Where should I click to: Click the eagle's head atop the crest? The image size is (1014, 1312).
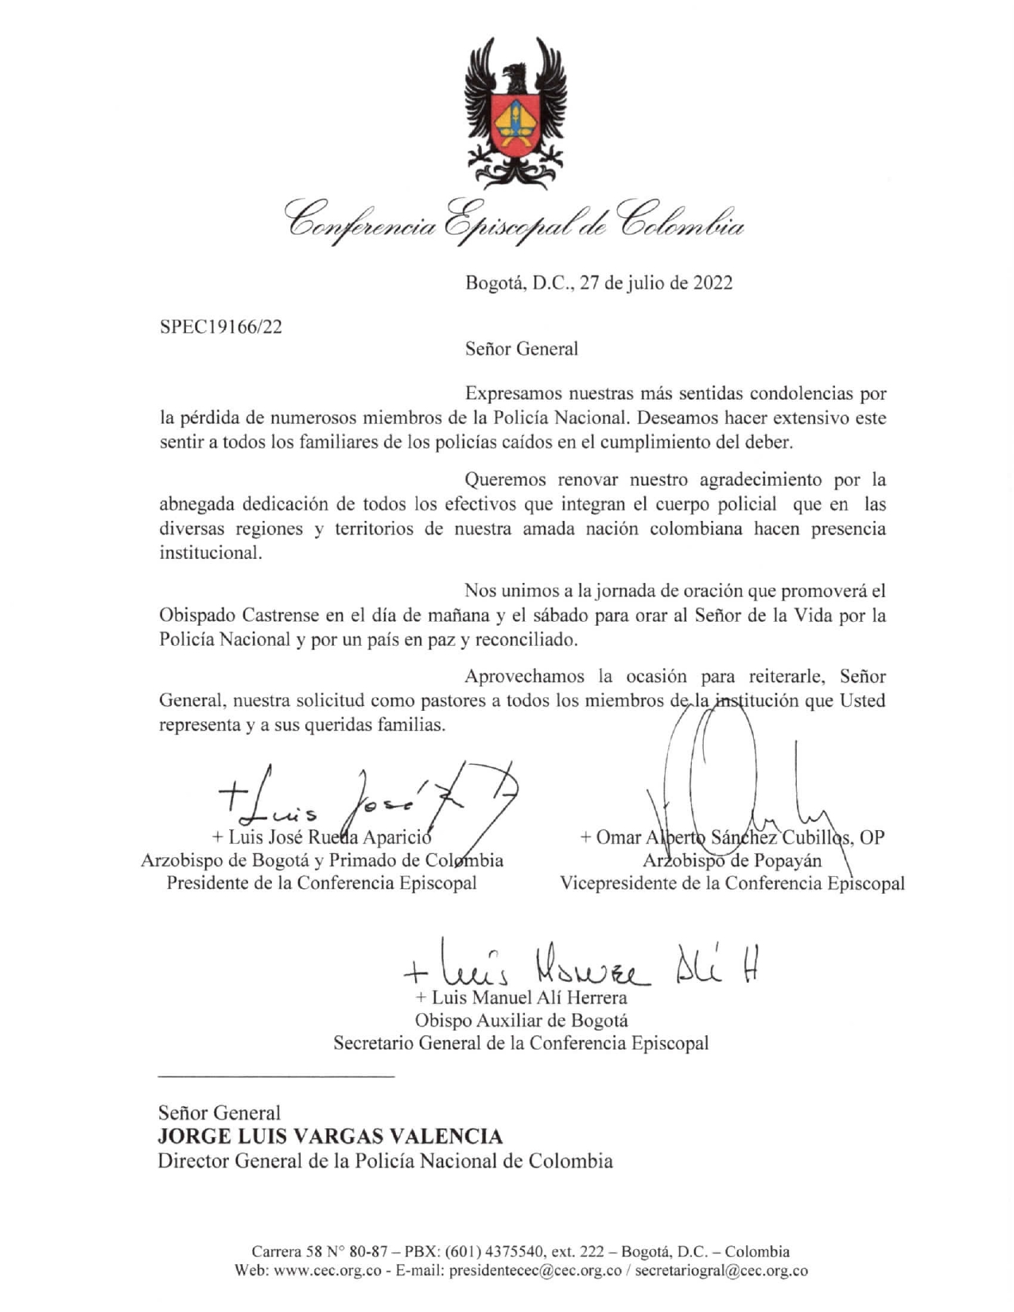click(x=518, y=75)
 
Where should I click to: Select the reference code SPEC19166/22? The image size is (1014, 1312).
click(x=221, y=327)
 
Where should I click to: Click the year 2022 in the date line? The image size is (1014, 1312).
click(x=712, y=283)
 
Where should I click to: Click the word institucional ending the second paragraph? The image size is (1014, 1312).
click(x=210, y=553)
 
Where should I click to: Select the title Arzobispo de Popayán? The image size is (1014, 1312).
click(x=732, y=860)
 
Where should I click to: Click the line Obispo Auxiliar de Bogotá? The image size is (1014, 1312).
click(x=521, y=1020)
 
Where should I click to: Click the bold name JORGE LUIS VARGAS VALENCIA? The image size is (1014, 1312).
click(x=330, y=1136)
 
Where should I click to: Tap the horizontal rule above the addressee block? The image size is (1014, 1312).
click(x=276, y=1077)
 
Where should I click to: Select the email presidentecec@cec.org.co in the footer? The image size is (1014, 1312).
click(x=535, y=1271)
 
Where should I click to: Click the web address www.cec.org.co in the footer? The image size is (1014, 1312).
click(x=328, y=1271)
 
